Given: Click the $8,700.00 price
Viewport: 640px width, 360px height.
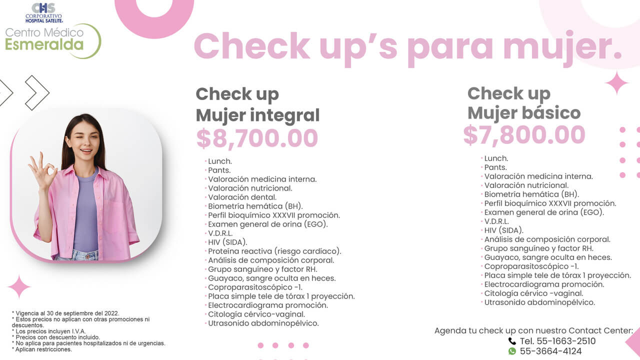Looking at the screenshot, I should click(x=257, y=138).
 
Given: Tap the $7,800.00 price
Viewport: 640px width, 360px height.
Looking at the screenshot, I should click(x=524, y=135).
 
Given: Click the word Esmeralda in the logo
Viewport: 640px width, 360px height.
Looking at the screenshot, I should click(x=44, y=44).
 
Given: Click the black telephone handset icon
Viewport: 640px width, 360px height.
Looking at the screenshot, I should click(x=512, y=341).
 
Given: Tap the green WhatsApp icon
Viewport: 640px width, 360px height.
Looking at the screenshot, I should click(x=512, y=351).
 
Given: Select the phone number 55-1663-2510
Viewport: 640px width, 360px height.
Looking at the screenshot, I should click(x=557, y=341).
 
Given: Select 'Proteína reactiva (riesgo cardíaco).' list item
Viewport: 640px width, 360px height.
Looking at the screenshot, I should click(x=274, y=251).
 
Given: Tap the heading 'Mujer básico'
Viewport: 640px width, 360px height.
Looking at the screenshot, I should click(x=524, y=113).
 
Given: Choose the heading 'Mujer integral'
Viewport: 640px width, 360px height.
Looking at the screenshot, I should click(x=257, y=115).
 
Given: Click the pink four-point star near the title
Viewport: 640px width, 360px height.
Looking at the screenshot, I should click(x=616, y=83).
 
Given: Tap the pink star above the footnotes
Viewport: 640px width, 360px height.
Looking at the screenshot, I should click(x=19, y=287).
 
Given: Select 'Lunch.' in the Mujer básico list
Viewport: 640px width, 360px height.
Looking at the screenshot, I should click(x=496, y=158).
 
